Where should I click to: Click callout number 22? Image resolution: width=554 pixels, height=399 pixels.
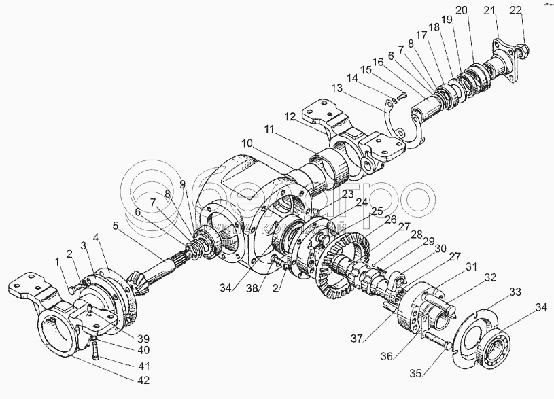tap(517, 9)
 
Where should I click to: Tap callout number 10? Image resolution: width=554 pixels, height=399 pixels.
tap(245, 143)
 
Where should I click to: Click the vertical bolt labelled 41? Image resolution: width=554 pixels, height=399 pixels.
tap(94, 350)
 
